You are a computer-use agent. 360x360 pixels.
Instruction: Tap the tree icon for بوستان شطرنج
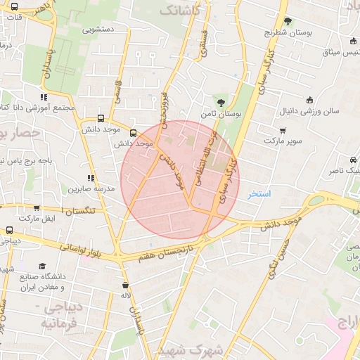click(x=287, y=21)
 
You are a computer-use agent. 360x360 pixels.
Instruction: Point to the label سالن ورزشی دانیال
click(x=309, y=111)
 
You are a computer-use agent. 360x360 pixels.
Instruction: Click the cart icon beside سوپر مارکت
click(x=283, y=130)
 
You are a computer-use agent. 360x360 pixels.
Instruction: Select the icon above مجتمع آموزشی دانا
click(x=44, y=97)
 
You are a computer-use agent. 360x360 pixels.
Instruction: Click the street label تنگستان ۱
click(x=82, y=210)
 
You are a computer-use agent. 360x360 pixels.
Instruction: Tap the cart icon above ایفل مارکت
click(x=36, y=208)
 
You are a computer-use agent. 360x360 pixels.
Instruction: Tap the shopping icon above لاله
click(x=125, y=285)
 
